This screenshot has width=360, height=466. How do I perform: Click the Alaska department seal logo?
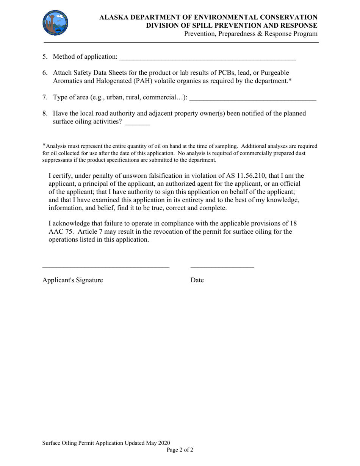55,23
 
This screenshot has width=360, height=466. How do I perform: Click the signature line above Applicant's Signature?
106,267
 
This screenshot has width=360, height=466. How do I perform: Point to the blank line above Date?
222,267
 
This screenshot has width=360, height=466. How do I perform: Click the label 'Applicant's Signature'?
73,280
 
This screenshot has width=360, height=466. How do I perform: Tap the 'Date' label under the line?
197,280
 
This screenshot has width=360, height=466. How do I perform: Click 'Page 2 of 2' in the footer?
180,450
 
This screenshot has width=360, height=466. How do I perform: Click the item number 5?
45,57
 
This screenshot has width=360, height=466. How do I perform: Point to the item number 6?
45,73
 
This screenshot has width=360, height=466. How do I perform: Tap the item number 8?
45,114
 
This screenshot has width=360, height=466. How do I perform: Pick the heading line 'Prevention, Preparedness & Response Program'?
251,34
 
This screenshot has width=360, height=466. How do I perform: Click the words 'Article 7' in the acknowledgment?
91,231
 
